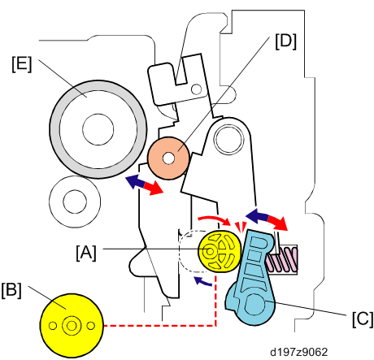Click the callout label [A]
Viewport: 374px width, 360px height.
click(86, 253)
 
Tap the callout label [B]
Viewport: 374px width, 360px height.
click(11, 290)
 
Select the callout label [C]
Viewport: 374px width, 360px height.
click(363, 319)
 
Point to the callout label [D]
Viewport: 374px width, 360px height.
click(286, 41)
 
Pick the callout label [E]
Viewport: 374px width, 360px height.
click(22, 64)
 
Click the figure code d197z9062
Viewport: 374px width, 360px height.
click(299, 352)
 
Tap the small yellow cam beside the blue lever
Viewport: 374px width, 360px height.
click(220, 251)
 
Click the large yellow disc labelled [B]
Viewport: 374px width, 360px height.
click(72, 326)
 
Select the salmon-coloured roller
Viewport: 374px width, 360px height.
click(168, 158)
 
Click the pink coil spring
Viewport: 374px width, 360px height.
click(282, 259)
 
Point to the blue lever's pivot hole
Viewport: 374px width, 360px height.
click(254, 305)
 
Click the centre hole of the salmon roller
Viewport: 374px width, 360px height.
click(168, 158)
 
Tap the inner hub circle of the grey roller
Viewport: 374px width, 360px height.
click(98, 129)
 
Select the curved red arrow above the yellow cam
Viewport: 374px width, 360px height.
click(214, 219)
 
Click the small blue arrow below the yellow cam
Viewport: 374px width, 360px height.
click(202, 281)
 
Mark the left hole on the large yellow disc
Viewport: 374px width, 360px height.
click(53, 326)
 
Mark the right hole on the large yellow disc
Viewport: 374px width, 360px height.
click(91, 326)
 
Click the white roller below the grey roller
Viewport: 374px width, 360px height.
click(75, 202)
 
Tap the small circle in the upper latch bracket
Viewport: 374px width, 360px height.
click(196, 89)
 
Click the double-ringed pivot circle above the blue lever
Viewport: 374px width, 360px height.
click(228, 139)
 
